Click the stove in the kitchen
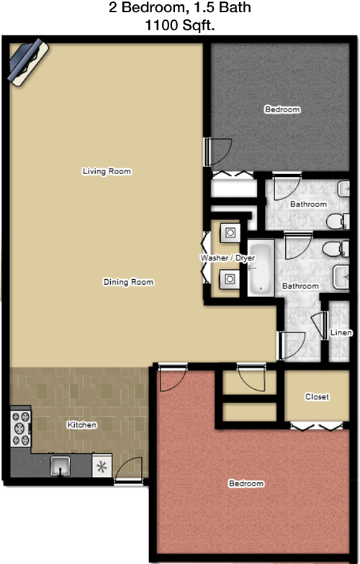(x=19, y=428)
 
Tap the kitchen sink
(x=60, y=466)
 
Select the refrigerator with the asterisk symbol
(x=102, y=465)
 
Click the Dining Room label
(x=128, y=282)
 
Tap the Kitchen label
(x=81, y=425)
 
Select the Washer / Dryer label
(x=222, y=257)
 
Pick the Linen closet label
(x=341, y=333)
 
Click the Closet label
(x=317, y=396)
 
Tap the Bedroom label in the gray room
(x=282, y=109)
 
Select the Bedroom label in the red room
(x=246, y=483)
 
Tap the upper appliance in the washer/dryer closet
(x=230, y=232)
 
